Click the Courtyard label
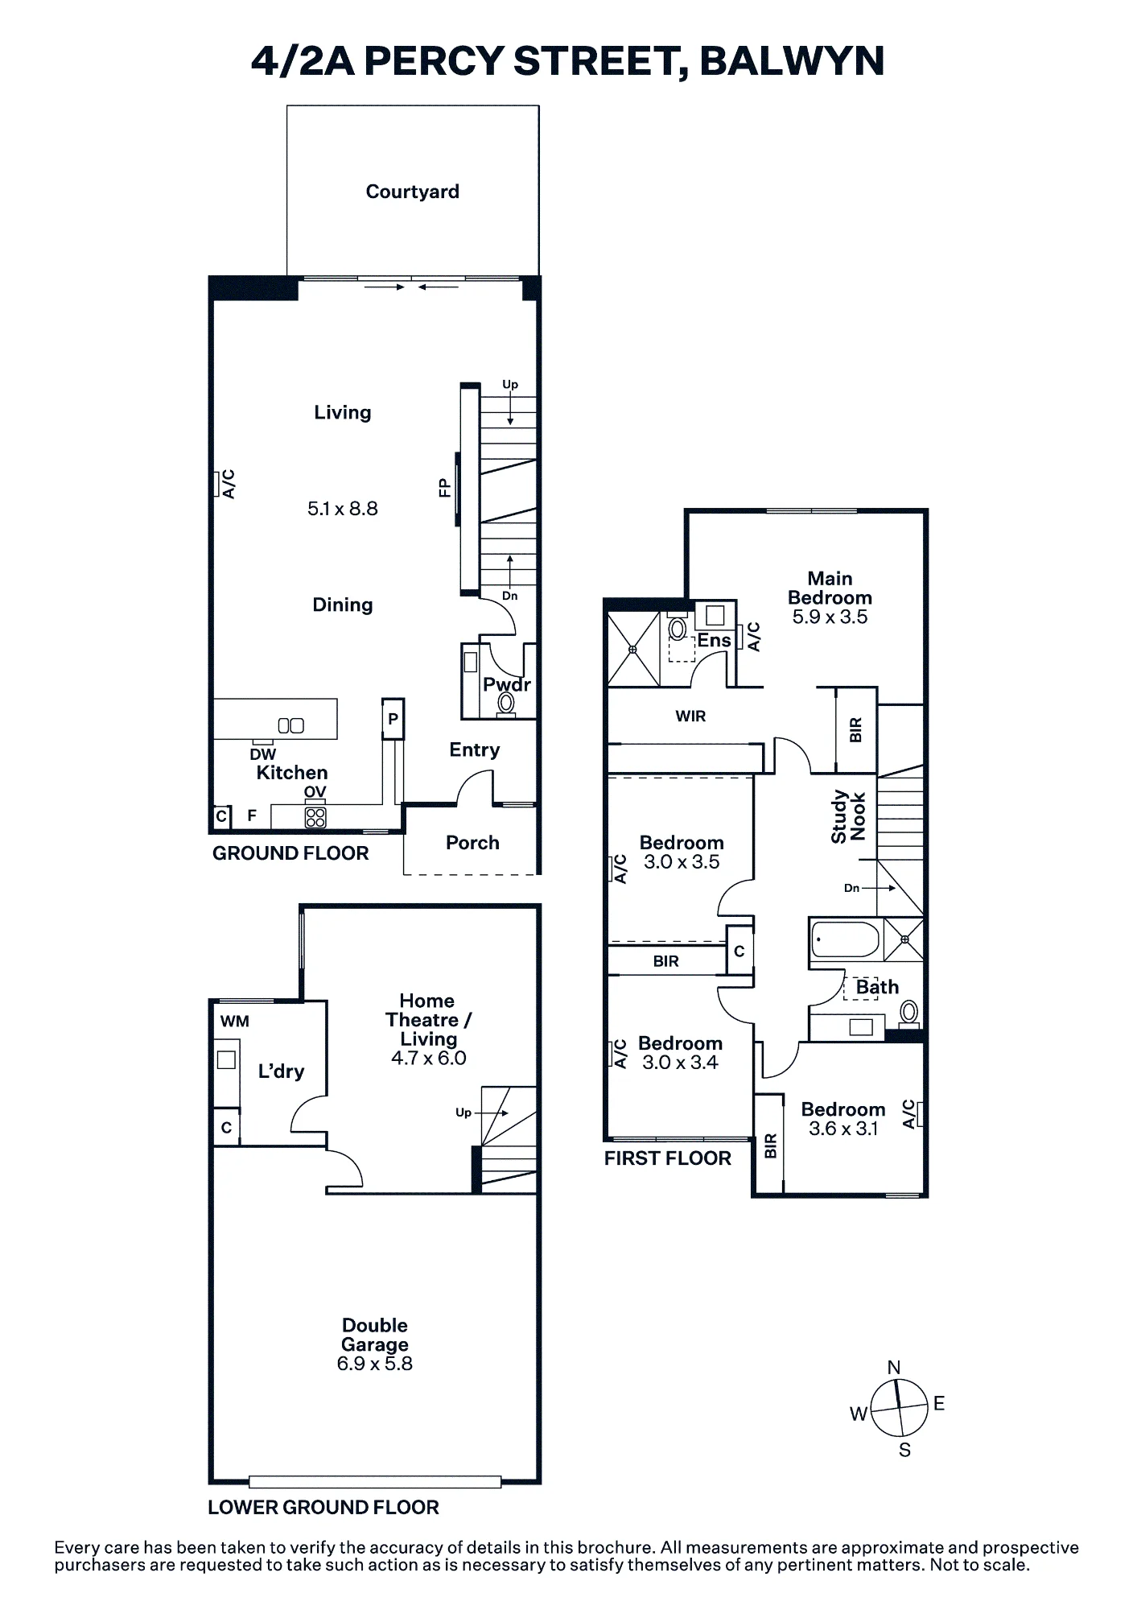click(x=412, y=192)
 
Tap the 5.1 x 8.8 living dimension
click(x=343, y=509)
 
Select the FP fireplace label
click(x=444, y=488)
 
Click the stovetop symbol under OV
click(x=315, y=818)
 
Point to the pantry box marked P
click(x=393, y=719)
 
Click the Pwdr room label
click(x=507, y=685)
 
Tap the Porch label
click(x=472, y=843)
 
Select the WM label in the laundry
click(x=235, y=1022)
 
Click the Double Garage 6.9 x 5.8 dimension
click(x=375, y=1364)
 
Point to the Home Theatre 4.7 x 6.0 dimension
click(x=429, y=1059)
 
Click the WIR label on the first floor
click(x=690, y=716)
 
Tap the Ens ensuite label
click(x=714, y=641)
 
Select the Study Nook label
click(x=848, y=816)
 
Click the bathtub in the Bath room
click(x=845, y=939)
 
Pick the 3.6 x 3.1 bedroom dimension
click(x=843, y=1129)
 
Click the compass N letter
click(x=894, y=1368)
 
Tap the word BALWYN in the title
click(x=792, y=61)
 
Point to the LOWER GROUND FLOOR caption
click(x=323, y=1508)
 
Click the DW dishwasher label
click(x=263, y=754)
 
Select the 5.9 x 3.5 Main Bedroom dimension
click(x=830, y=617)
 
